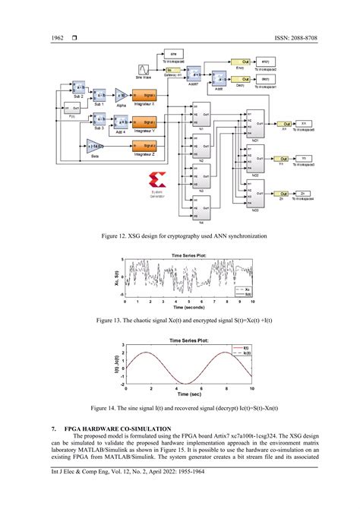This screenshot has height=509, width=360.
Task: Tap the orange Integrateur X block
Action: (x=144, y=96)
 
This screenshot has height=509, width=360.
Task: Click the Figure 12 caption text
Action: (x=179, y=236)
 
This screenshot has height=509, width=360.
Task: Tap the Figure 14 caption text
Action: (x=180, y=407)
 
